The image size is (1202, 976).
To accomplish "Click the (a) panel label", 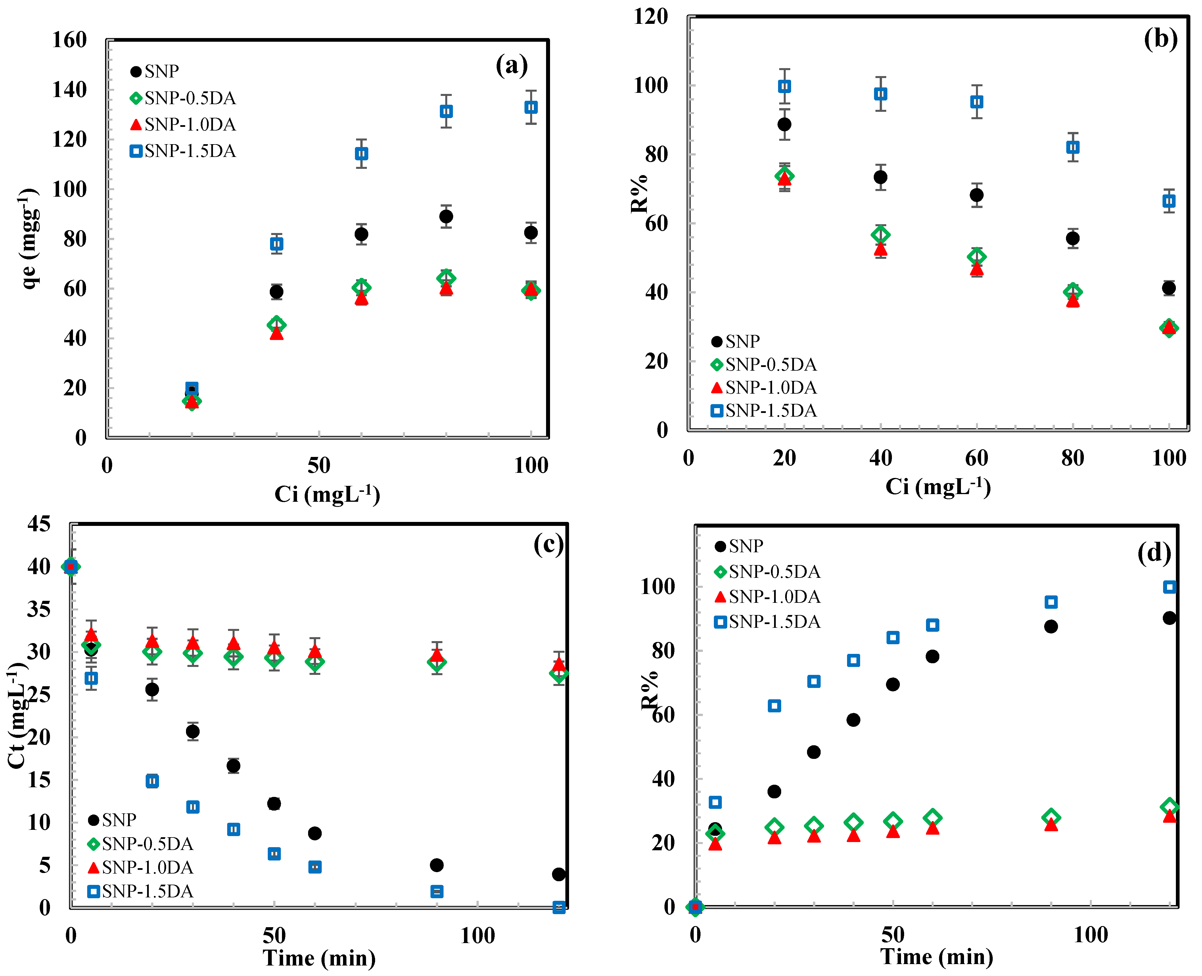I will [511, 66].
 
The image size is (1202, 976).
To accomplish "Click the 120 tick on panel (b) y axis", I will [651, 17].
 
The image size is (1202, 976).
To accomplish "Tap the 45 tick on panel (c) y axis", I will [39, 524].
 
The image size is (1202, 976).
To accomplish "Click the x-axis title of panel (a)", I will [327, 494].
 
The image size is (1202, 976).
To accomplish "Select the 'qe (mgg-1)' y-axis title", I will [29, 239].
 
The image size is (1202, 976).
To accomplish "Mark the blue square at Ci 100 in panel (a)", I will [530, 107].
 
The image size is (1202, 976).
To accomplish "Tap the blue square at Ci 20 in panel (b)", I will [784, 86].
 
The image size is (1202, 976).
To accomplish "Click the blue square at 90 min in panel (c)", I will [436, 892].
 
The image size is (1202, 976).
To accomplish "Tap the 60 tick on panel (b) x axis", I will [977, 458].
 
